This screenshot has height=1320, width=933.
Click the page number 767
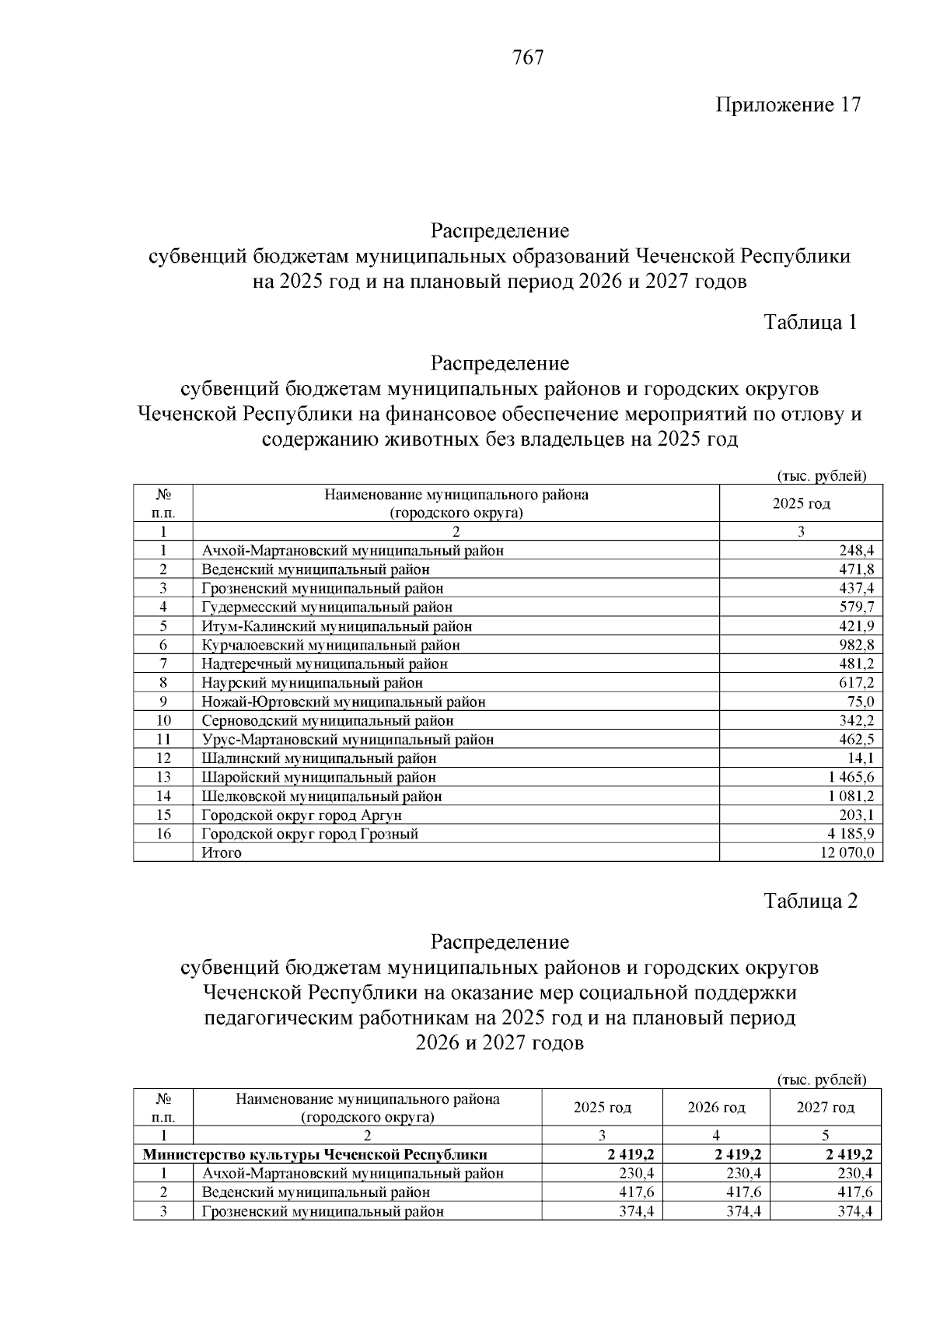528,58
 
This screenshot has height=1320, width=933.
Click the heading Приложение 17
788,105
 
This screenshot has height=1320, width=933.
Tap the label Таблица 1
810,322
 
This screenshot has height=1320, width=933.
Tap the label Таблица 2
810,901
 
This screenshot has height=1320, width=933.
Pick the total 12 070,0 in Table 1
847,853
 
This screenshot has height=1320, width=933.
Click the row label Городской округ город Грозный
309,834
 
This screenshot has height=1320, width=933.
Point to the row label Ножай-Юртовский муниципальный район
343,702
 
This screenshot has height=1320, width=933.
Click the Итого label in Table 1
222,853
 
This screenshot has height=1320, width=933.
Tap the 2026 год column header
716,1107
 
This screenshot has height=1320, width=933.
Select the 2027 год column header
825,1107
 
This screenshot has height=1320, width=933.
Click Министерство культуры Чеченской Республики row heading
315,1154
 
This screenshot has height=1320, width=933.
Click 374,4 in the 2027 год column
854,1211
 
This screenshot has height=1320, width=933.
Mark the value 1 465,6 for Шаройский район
851,777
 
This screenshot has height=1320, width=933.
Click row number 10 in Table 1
163,720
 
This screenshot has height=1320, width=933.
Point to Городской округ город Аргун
302,815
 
